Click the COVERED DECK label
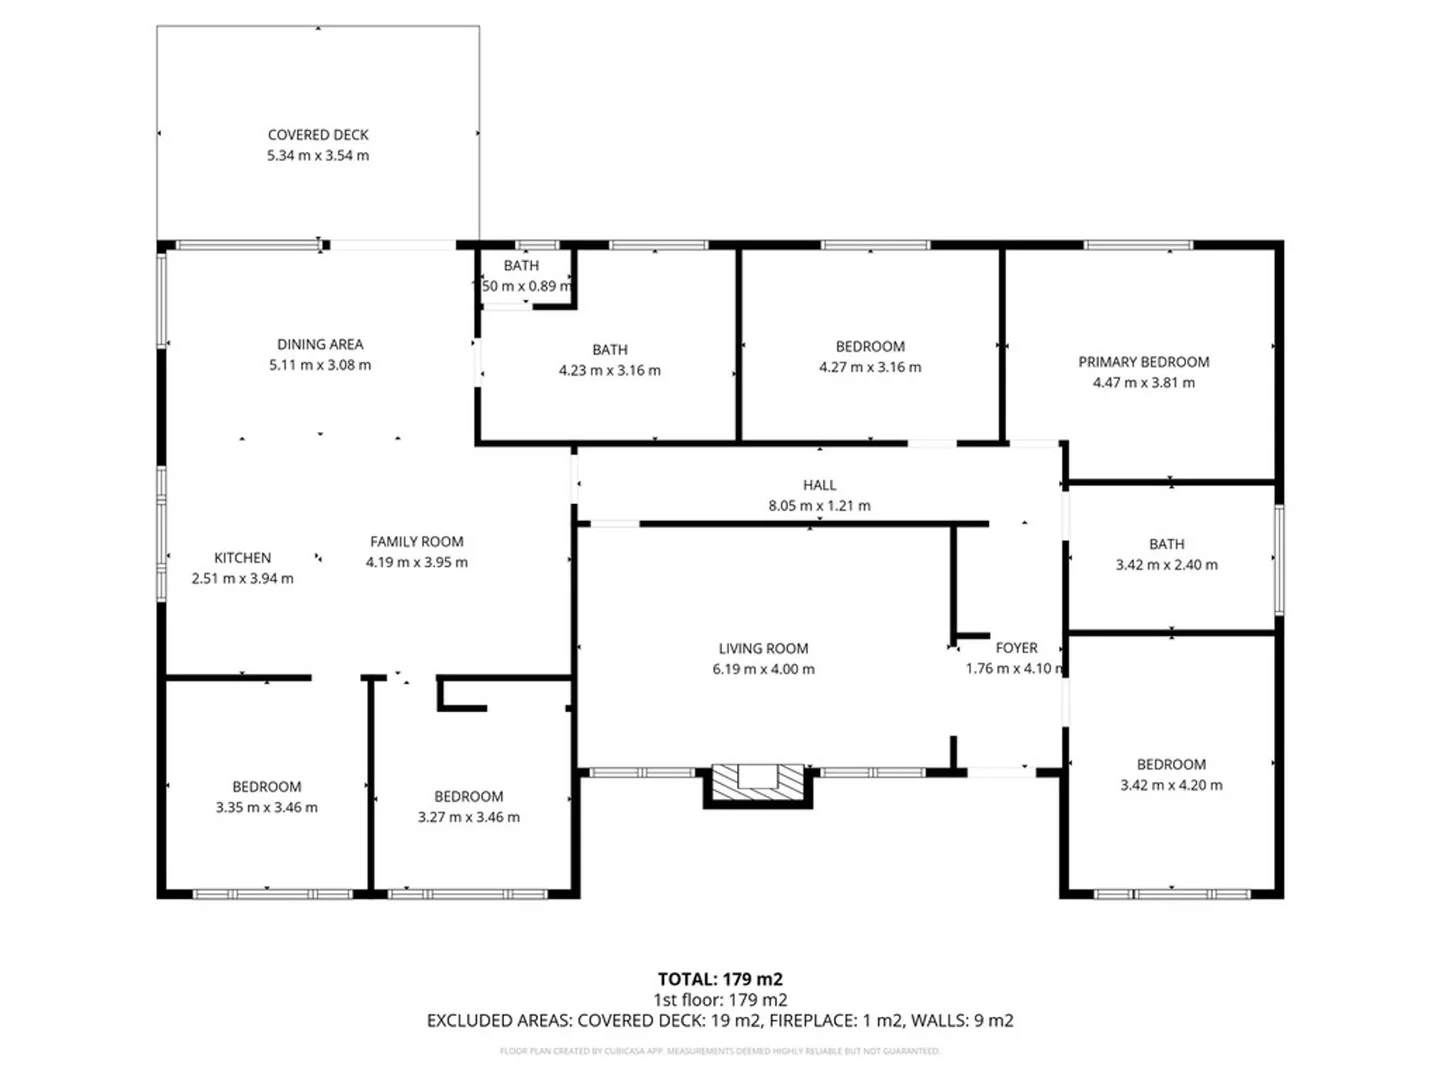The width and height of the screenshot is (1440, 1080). [318, 135]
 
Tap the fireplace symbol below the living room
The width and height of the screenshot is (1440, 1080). [758, 782]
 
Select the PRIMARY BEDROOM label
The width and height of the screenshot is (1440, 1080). [1143, 362]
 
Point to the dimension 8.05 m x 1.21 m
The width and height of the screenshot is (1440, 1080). [819, 506]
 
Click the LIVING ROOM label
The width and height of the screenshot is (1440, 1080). [763, 648]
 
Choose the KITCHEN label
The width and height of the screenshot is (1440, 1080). [242, 558]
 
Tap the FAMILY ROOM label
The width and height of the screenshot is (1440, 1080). [416, 542]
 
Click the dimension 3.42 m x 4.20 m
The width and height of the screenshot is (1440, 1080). [1171, 785]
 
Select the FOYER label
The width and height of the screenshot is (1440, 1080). [1016, 648]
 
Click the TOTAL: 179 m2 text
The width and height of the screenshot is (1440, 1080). [720, 979]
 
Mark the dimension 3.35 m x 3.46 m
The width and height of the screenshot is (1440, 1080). [266, 807]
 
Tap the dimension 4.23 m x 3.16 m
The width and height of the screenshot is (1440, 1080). [609, 370]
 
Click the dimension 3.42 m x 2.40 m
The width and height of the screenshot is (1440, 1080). [1166, 565]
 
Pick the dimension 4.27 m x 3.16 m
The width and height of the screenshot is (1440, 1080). [870, 367]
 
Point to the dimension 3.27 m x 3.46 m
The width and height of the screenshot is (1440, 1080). [468, 817]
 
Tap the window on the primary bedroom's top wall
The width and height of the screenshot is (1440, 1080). [1138, 244]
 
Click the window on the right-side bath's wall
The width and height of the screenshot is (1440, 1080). [1279, 559]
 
